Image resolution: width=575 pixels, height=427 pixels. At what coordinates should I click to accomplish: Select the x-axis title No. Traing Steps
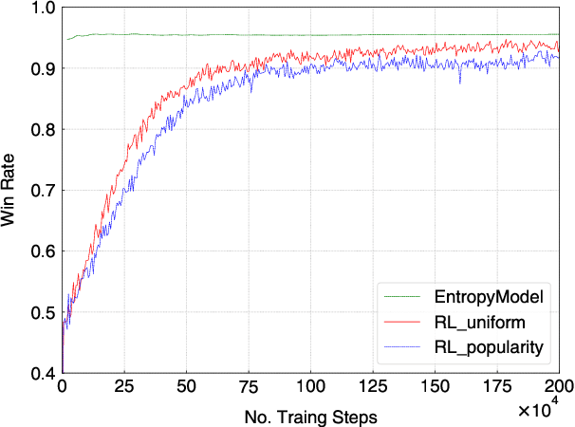pyautogui.click(x=309, y=415)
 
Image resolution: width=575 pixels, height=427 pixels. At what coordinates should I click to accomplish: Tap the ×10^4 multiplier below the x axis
pyautogui.click(x=544, y=409)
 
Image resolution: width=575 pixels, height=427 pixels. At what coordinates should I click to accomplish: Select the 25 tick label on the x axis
pyautogui.click(x=124, y=388)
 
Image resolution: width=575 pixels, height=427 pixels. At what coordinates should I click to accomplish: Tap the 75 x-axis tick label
pyautogui.click(x=249, y=388)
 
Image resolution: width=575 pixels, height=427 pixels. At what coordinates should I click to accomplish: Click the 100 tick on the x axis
pyautogui.click(x=310, y=388)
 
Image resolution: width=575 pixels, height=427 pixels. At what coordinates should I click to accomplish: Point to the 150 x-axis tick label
pyautogui.click(x=435, y=388)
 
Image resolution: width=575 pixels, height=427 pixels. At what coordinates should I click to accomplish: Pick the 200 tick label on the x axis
pyautogui.click(x=558, y=388)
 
